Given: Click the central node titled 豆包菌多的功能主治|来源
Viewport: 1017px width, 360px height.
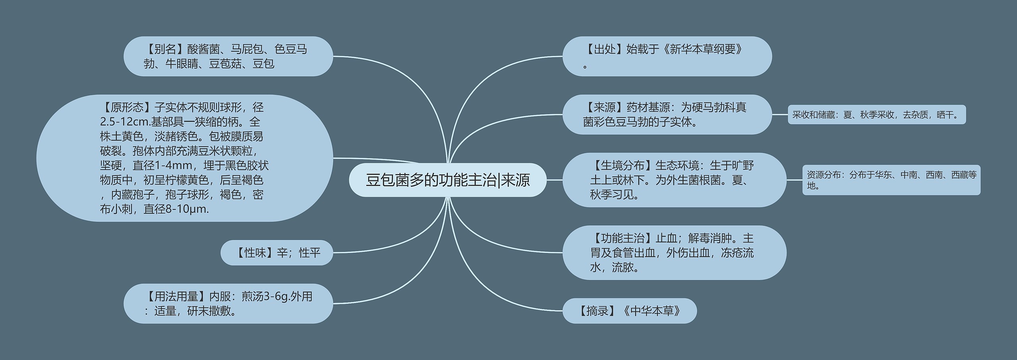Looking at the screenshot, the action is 448,180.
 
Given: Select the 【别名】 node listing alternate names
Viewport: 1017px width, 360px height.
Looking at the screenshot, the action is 228,56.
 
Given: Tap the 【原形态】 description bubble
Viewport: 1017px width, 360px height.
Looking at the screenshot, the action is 184,158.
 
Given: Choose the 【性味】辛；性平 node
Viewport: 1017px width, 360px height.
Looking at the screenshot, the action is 277,253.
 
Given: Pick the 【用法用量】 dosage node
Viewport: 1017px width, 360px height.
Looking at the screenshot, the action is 228,304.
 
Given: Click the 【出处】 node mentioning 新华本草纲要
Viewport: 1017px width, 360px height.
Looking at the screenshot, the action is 667,56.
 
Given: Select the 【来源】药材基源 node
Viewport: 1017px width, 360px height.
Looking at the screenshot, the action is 667,114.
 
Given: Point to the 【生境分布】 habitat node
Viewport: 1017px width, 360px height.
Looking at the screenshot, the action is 674,180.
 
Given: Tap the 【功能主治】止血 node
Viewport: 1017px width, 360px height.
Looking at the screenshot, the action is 674,253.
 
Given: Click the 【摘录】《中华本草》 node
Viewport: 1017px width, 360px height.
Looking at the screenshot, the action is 629,311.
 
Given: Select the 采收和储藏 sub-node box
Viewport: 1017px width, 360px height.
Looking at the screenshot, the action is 876,115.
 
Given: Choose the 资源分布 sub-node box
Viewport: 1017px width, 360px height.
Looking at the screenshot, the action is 891,180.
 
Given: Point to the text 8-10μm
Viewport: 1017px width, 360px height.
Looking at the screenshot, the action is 189,209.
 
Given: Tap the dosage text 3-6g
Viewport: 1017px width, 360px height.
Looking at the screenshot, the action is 276,296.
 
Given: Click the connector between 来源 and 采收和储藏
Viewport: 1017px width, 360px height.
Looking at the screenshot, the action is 780,114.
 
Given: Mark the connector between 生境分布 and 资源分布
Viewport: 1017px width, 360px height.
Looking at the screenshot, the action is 794,180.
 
